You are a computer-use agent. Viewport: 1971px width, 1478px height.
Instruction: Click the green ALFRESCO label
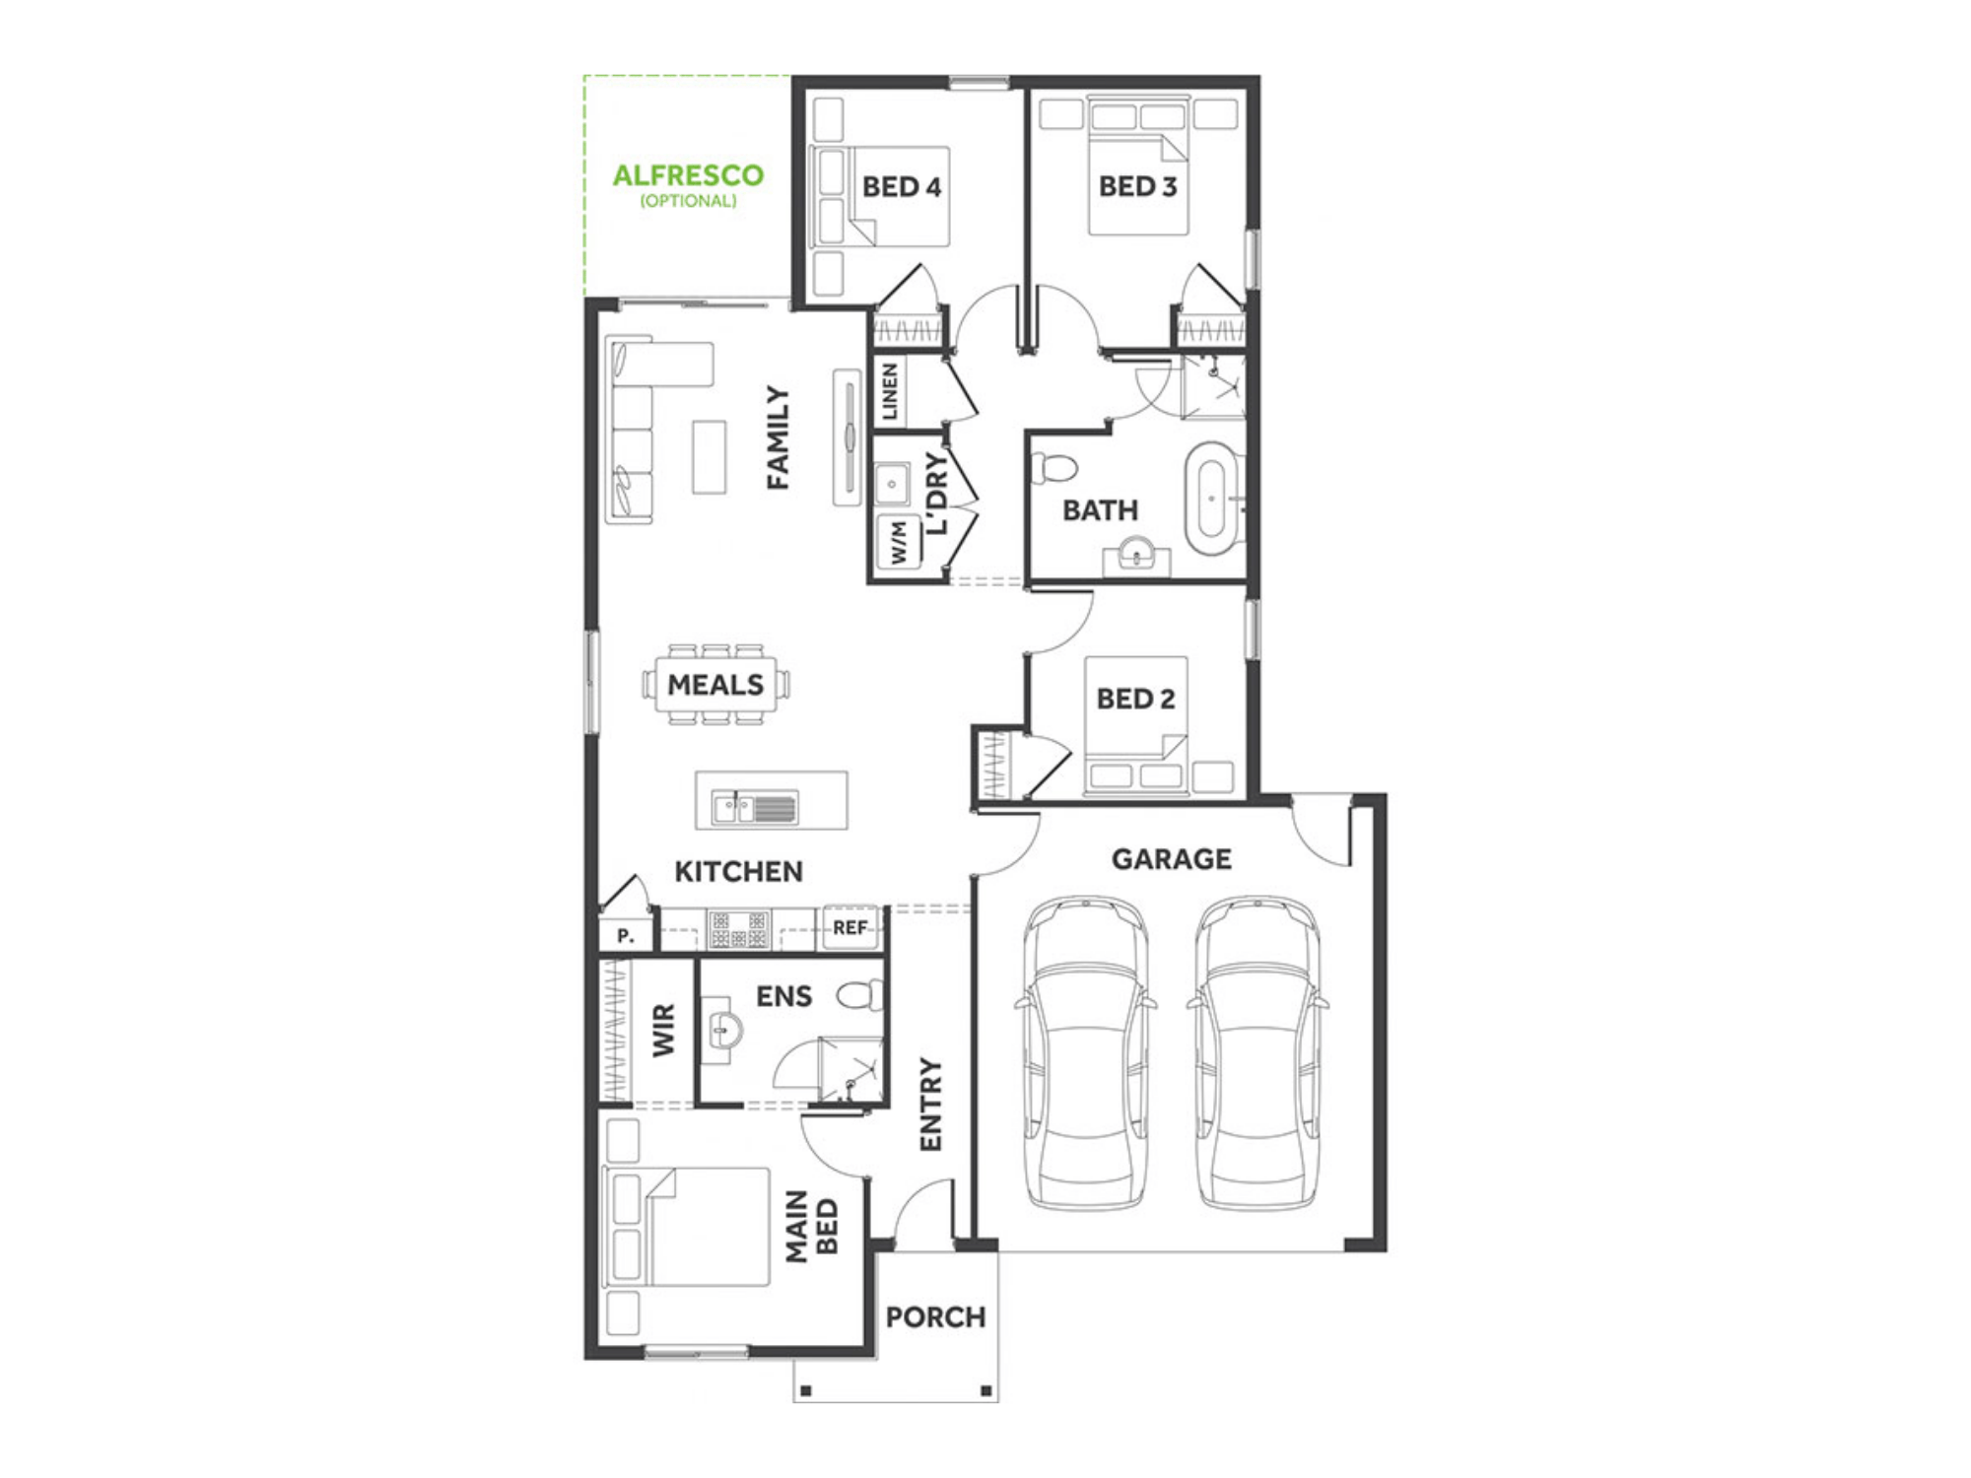[x=688, y=175]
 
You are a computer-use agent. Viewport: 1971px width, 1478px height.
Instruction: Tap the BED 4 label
[x=902, y=186]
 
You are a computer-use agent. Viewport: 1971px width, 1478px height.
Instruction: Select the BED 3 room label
[x=1138, y=186]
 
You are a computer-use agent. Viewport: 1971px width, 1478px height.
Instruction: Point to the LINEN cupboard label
[x=890, y=391]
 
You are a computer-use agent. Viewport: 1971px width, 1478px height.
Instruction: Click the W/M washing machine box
[x=898, y=543]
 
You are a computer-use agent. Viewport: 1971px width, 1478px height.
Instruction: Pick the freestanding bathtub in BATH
[x=1211, y=500]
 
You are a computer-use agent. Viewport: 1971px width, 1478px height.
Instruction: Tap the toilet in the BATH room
[x=1053, y=467]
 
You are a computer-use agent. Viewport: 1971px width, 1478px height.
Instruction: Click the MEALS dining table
[x=715, y=685]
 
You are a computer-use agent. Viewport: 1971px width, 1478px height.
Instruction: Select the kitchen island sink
[x=755, y=808]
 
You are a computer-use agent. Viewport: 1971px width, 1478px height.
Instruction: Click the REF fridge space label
[x=850, y=927]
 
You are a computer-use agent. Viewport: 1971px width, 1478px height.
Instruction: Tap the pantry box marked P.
[x=626, y=933]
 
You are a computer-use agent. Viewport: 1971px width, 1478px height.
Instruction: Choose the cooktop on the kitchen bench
[x=739, y=929]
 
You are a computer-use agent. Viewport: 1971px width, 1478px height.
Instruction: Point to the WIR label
[x=664, y=1031]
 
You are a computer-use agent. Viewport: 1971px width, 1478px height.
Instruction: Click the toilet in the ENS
[x=861, y=995]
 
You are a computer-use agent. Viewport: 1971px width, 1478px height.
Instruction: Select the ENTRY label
[x=931, y=1105]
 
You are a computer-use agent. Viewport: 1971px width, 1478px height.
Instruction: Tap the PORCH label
[x=935, y=1317]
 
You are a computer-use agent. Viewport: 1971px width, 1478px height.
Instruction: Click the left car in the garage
[x=1085, y=1052]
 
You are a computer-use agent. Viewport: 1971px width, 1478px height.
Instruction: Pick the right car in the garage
[x=1257, y=1052]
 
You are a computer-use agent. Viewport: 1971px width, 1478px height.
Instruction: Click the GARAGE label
[x=1172, y=859]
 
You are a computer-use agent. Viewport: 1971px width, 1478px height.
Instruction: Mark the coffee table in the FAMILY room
[x=709, y=457]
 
